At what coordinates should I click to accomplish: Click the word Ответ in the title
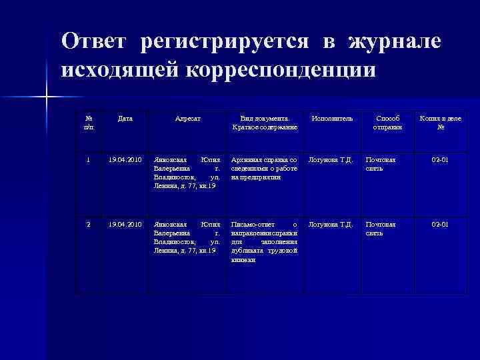(94, 42)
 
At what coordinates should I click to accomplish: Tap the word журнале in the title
(394, 42)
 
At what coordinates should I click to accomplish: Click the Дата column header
(125, 118)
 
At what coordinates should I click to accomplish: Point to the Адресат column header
(188, 118)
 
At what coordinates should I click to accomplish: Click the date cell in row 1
(125, 160)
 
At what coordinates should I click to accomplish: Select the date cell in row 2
(125, 224)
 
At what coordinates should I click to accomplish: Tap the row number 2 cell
(89, 224)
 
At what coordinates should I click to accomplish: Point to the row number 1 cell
(89, 160)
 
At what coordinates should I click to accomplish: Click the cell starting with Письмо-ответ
(264, 241)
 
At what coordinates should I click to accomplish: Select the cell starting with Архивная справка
(264, 169)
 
